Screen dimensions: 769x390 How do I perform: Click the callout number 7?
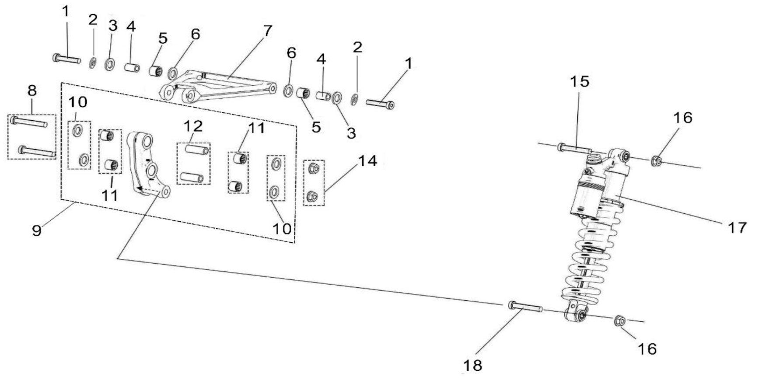click(267, 31)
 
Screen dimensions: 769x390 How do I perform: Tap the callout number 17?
click(737, 227)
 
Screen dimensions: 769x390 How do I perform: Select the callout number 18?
click(473, 366)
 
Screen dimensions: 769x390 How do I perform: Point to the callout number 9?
click(37, 230)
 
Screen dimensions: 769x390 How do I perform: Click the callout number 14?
click(367, 161)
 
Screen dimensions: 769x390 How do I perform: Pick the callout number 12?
click(193, 126)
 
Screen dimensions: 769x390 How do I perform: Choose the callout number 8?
click(32, 91)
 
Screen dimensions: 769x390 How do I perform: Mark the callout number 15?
click(580, 81)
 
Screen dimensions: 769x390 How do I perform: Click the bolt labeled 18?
click(525, 306)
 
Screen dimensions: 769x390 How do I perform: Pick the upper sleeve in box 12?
click(197, 150)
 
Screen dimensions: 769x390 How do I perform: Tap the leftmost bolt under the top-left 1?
click(66, 58)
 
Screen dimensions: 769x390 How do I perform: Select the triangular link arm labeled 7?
click(217, 87)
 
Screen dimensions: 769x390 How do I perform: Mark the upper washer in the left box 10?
click(78, 130)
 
